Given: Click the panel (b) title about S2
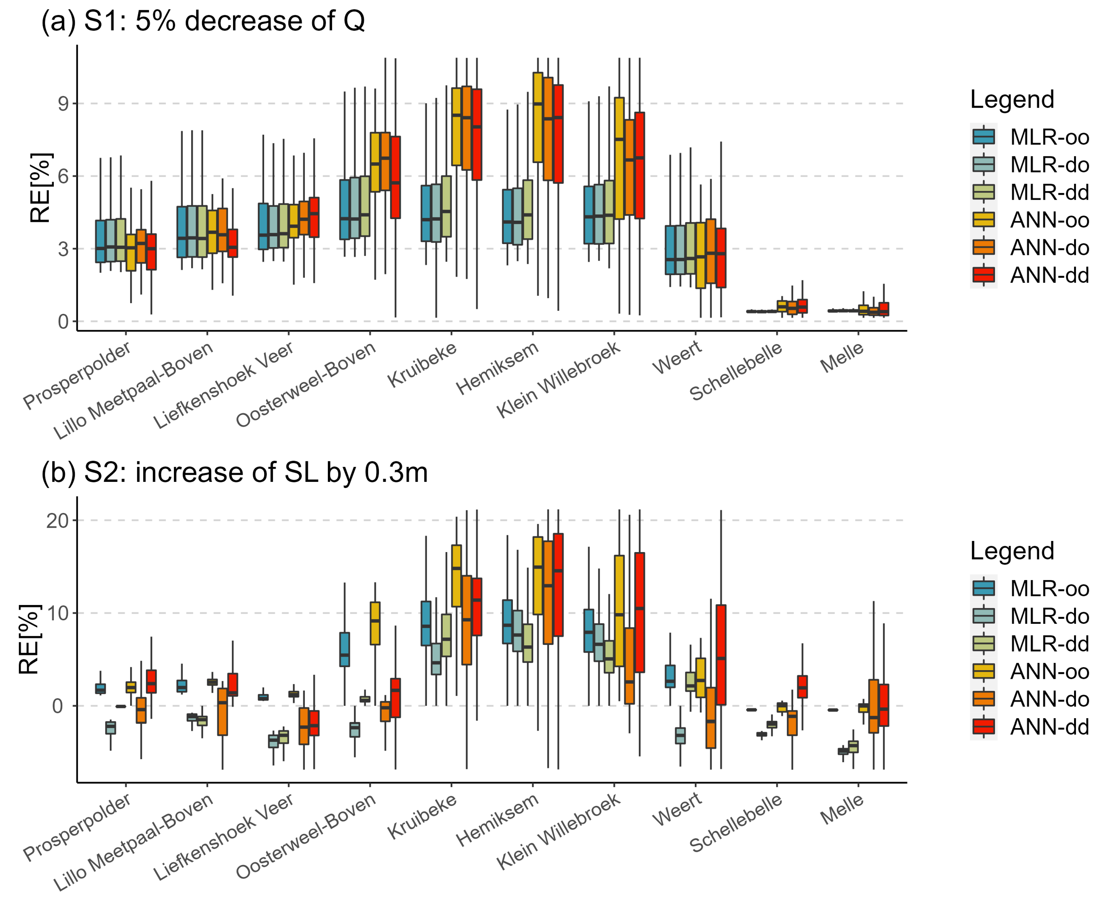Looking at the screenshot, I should click(234, 473).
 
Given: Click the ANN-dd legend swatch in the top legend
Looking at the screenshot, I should click(983, 275).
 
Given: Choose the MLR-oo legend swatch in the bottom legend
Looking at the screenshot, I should click(983, 589).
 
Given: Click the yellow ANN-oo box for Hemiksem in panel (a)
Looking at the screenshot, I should click(538, 117).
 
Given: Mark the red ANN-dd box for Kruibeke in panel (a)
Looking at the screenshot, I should click(477, 135).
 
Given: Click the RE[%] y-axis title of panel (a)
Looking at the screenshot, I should click(40, 188).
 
